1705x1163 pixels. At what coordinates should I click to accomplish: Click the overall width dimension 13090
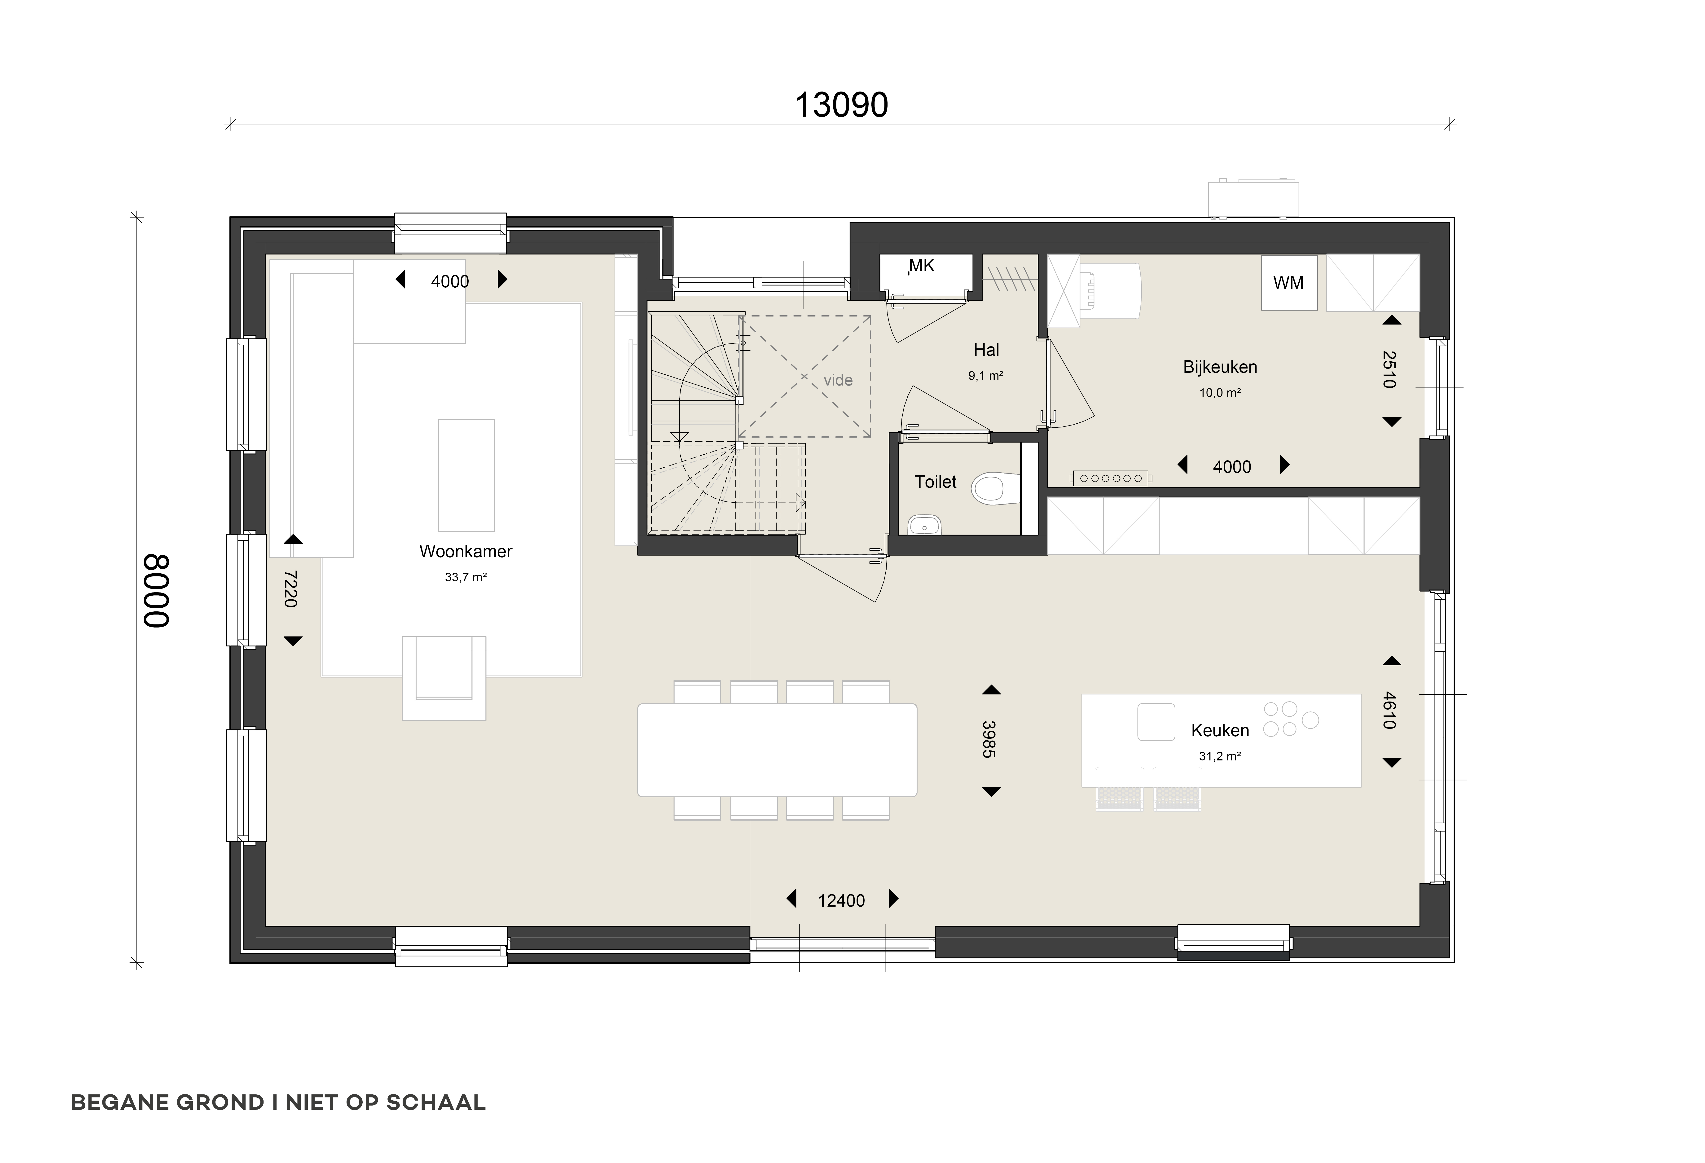click(841, 105)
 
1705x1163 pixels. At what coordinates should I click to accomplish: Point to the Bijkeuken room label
click(1220, 367)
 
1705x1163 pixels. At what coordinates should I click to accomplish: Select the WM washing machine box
click(1289, 282)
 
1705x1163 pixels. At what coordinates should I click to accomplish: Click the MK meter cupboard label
click(922, 266)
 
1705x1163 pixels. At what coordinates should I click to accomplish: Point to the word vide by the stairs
click(838, 380)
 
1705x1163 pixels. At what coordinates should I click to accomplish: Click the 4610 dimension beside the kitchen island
click(1389, 710)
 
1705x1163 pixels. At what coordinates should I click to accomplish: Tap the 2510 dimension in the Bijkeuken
click(1389, 369)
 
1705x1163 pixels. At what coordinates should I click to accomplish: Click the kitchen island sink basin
click(1156, 721)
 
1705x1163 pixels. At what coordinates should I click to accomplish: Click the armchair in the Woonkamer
click(444, 678)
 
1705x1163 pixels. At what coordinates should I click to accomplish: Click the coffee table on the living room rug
click(466, 475)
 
